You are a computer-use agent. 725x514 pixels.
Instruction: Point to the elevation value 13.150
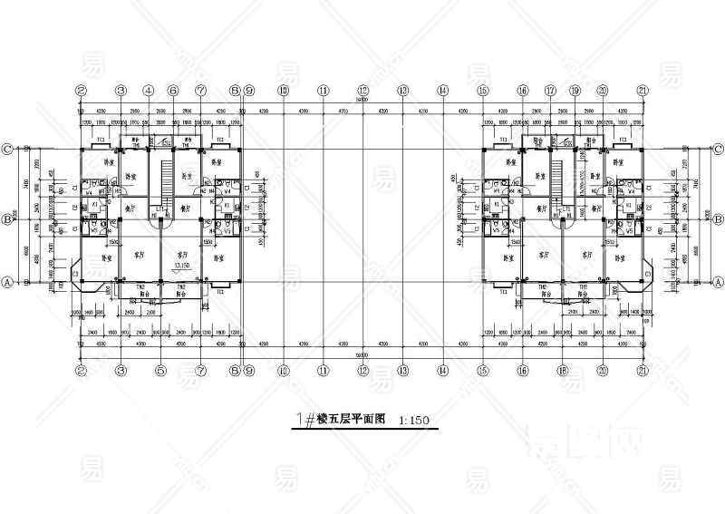click(x=181, y=266)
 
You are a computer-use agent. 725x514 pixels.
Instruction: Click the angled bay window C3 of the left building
click(x=76, y=271)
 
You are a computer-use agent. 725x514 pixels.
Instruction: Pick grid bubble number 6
click(x=173, y=91)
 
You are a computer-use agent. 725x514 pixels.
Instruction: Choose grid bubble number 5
click(x=160, y=370)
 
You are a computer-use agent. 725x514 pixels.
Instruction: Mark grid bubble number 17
click(x=549, y=91)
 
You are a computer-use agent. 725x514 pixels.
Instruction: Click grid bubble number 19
click(x=575, y=91)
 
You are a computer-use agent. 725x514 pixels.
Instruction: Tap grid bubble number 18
click(x=562, y=370)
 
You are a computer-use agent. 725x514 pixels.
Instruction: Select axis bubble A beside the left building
click(x=8, y=282)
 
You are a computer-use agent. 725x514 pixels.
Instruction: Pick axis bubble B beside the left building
click(x=8, y=219)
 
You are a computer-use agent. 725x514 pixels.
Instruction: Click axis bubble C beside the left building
click(x=8, y=149)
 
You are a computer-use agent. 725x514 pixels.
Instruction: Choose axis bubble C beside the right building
click(x=717, y=149)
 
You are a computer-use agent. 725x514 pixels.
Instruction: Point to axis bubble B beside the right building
click(x=717, y=219)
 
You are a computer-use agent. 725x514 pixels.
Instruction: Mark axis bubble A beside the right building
click(x=717, y=282)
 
